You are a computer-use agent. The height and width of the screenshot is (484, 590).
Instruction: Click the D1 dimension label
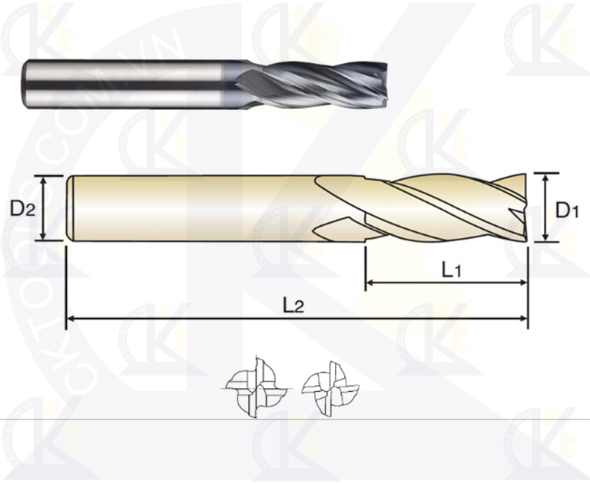567,210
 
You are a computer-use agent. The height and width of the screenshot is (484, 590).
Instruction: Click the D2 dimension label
22,208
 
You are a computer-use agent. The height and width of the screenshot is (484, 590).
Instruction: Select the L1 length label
452,269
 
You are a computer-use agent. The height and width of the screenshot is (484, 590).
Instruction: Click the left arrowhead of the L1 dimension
369,283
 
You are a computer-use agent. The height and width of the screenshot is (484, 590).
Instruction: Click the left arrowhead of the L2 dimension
71,317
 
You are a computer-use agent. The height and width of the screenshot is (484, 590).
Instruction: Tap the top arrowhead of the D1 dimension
545,177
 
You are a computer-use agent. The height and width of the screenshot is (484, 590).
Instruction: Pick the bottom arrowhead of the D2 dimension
45,236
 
